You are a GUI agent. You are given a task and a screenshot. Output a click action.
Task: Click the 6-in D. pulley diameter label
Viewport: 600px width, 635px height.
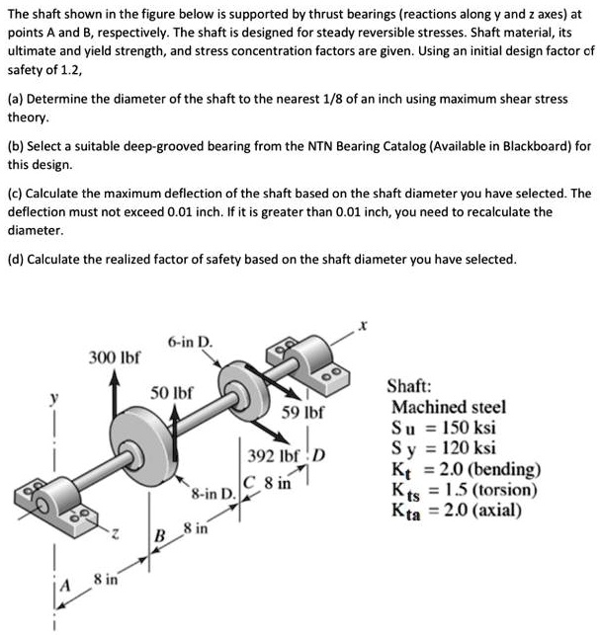[190, 342]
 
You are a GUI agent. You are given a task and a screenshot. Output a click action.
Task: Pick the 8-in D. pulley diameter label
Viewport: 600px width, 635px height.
[213, 491]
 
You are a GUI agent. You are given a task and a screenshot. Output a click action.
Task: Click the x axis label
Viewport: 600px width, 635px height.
[363, 325]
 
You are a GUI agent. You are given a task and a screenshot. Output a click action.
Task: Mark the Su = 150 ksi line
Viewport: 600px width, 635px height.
[444, 428]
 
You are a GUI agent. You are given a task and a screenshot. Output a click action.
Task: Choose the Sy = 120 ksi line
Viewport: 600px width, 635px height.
[444, 448]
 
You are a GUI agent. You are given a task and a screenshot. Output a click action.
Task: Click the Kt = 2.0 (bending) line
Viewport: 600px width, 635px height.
[466, 469]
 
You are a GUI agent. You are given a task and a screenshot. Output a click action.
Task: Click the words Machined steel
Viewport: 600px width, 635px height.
[449, 407]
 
